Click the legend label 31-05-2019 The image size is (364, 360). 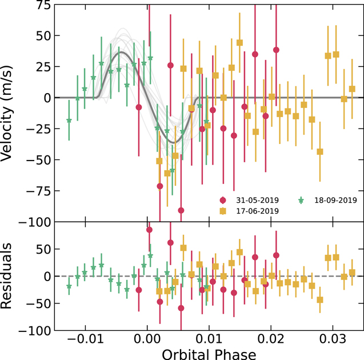click(x=257, y=200)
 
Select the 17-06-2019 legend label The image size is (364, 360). click(x=257, y=211)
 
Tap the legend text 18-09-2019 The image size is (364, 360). click(x=335, y=200)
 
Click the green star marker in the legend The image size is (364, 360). click(x=301, y=200)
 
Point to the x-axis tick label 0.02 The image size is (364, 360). click(x=271, y=339)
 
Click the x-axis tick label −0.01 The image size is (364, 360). click(x=86, y=339)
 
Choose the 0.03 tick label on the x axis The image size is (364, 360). click(x=333, y=339)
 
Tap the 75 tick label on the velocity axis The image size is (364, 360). click(x=43, y=5)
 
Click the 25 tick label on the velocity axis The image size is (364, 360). click(x=43, y=67)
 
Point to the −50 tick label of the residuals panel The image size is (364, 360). click(x=38, y=303)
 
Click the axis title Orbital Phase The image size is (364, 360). click(x=209, y=354)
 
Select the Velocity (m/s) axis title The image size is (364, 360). click(x=6, y=113)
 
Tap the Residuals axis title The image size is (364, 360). click(x=6, y=276)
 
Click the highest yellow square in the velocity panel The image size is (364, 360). click(x=239, y=43)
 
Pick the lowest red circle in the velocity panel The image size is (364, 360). click(x=181, y=210)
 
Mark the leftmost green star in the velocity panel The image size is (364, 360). click(x=69, y=121)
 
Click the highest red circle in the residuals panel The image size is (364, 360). click(x=149, y=230)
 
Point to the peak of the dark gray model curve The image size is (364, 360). click(x=121, y=52)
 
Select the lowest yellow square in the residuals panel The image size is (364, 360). click(x=320, y=300)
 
